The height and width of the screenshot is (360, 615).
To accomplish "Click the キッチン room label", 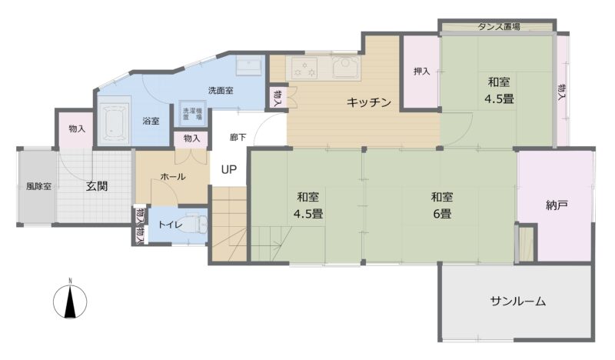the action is tap(369, 102).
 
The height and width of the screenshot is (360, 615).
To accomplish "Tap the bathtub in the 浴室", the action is tap(114, 121).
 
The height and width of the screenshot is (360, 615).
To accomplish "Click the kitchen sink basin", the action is tap(347, 67).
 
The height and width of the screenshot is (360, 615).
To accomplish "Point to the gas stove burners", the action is tap(304, 68).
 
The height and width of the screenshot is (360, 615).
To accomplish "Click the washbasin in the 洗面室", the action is tap(249, 65).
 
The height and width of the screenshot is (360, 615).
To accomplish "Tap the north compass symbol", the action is tap(70, 301).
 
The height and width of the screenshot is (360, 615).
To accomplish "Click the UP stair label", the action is tap(228, 169).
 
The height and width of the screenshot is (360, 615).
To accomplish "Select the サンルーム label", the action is tap(517, 301).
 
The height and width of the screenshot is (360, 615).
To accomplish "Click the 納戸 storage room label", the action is tap(557, 205).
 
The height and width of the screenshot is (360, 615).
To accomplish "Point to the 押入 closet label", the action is tap(421, 72).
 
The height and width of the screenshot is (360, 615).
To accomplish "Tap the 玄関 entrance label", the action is tap(97, 186).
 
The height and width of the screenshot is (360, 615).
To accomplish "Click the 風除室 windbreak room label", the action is tap(39, 186).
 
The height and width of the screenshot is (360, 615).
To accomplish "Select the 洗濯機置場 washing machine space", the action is tap(192, 113).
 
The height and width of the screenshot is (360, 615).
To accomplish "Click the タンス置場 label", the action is tap(499, 27).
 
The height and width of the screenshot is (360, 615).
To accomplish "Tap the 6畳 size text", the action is tap(442, 214).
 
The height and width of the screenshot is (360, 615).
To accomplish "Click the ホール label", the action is tap(173, 177).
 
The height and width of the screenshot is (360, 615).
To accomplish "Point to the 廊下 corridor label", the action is tap(238, 138).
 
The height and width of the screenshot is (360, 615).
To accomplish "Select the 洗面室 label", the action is tap(221, 90).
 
